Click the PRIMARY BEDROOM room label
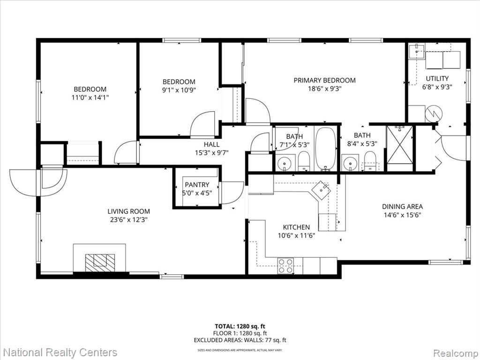click(324, 80)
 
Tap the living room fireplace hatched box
click(100, 262)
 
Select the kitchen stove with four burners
click(285, 266)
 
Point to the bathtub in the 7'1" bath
click(325, 149)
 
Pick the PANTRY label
click(197, 185)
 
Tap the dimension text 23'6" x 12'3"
click(128, 219)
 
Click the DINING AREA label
click(402, 206)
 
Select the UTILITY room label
click(437, 78)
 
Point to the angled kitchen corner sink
click(321, 191)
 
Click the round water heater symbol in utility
click(434, 113)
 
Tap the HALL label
click(211, 144)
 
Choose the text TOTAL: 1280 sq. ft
click(240, 326)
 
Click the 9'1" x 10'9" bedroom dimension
click(179, 90)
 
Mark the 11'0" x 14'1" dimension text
click(90, 97)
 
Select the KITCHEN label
click(296, 227)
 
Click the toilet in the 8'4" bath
click(370, 161)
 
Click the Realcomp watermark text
click(456, 353)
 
